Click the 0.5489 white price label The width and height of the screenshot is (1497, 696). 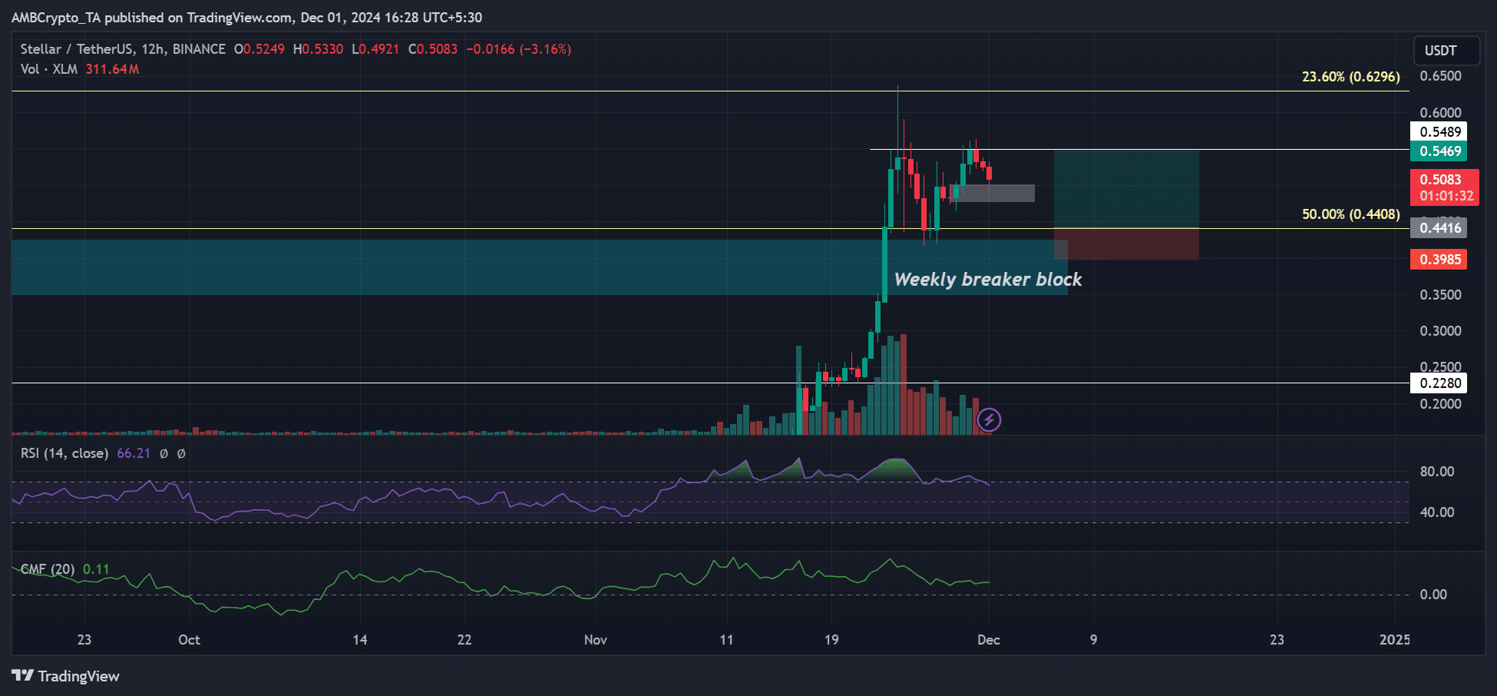coord(1439,131)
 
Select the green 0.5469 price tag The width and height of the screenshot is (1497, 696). coord(1439,151)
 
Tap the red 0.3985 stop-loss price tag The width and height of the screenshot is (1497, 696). coord(1439,260)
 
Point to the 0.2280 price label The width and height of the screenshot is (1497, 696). coord(1439,383)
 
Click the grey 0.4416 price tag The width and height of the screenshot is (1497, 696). coord(1439,227)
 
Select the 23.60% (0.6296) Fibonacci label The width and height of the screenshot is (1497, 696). coord(1350,77)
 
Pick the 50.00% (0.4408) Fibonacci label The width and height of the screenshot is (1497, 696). coord(1350,214)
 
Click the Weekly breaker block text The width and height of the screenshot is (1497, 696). coord(988,280)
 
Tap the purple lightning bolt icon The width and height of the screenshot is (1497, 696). coord(989,419)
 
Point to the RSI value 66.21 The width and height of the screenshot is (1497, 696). coord(134,453)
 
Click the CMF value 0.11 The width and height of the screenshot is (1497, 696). coord(96,569)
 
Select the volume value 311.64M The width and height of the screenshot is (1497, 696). coord(112,69)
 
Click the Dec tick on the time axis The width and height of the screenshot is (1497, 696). coord(989,640)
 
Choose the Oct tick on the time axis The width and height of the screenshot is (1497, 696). coord(189,640)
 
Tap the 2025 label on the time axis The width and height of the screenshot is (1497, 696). coord(1394,640)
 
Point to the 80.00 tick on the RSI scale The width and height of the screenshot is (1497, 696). coord(1436,472)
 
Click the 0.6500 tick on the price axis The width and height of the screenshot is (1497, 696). coord(1440,76)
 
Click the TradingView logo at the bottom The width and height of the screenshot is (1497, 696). coord(66,676)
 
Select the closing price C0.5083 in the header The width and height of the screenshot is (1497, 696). coord(433,49)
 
